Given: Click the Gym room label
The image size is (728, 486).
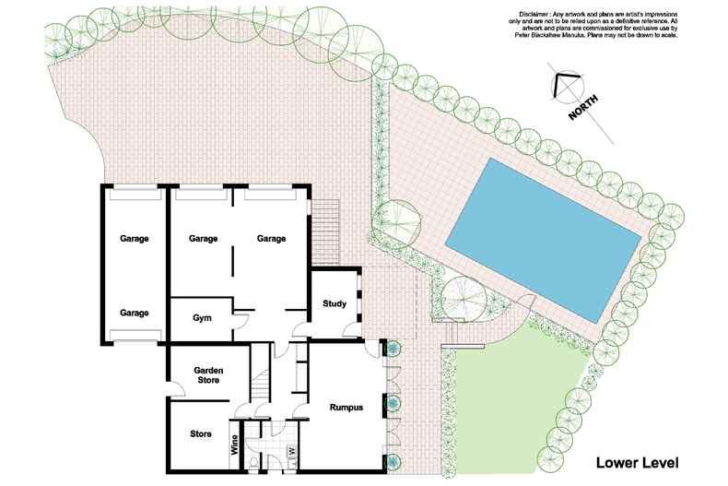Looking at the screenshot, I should [203, 318].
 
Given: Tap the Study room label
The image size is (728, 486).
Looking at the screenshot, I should [334, 303].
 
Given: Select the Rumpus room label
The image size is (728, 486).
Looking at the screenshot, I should [346, 408].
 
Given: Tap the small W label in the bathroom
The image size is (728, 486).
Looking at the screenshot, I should [291, 451].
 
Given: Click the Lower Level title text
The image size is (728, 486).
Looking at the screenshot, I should [636, 461].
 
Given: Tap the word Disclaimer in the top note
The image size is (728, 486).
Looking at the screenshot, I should [538, 14].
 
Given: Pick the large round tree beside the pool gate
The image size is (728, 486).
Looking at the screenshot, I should [460, 294].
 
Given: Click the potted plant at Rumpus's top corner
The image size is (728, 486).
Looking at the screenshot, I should [393, 349].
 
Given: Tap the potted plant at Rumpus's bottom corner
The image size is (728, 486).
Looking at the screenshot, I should [393, 461].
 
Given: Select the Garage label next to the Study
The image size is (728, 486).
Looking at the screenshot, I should [271, 239].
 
